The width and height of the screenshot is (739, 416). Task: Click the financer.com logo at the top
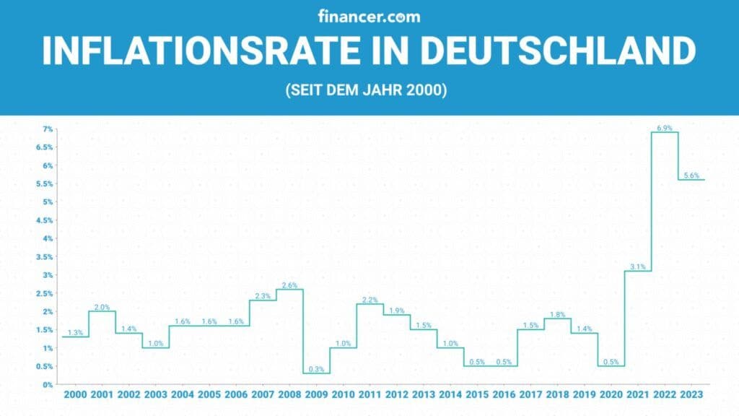369,16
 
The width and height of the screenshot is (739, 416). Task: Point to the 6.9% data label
665,128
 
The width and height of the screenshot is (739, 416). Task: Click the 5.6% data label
691,175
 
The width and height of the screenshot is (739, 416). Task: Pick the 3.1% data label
637,266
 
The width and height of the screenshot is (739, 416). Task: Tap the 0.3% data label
316,369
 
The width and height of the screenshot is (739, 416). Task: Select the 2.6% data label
289,285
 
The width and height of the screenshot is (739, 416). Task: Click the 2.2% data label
369,299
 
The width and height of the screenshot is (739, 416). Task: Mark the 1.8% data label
557,314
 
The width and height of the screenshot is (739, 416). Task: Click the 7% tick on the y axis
48,129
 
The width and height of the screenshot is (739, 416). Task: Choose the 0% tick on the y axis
48,385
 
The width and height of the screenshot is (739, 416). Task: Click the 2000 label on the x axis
75,395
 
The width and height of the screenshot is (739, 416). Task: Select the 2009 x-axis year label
316,395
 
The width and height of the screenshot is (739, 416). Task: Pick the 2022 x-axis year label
665,395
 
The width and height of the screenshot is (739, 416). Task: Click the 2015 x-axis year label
477,395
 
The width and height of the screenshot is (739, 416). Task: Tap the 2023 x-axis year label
691,395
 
